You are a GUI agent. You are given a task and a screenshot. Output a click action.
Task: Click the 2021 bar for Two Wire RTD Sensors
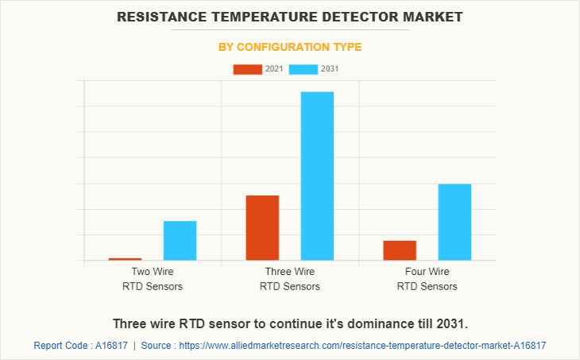pos(125,258)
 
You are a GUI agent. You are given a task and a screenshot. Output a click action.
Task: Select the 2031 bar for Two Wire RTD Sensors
pos(180,240)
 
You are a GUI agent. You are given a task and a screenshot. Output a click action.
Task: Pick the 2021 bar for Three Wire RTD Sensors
pos(262,227)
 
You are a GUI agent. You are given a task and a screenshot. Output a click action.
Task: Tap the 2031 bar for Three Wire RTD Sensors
pos(317,176)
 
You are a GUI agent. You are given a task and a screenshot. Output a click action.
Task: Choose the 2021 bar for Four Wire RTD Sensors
pos(400,250)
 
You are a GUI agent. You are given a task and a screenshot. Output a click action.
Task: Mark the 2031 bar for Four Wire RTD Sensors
pos(454,222)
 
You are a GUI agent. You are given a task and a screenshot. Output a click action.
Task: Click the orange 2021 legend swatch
pos(247,69)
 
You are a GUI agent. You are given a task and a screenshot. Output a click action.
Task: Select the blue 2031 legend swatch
pos(303,69)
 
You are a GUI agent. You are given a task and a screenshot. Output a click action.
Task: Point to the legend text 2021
pos(274,69)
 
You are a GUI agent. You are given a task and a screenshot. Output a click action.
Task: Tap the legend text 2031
pos(330,69)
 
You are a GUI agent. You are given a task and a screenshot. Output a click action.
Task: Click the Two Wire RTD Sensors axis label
pos(153,279)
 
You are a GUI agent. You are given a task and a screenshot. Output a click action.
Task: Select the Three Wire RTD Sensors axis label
pos(290,279)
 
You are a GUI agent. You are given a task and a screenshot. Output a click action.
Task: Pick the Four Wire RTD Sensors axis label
pos(427,279)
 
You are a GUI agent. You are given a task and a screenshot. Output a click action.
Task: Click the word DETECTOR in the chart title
pos(331,17)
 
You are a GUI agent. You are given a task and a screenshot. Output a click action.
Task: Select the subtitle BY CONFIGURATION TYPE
pos(290,47)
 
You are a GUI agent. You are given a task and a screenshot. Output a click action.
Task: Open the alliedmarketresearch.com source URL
pos(362,346)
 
